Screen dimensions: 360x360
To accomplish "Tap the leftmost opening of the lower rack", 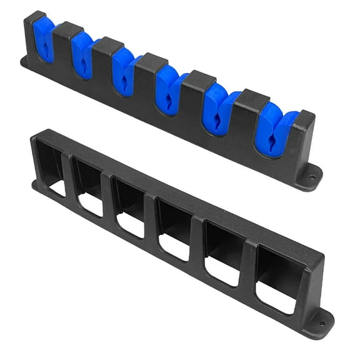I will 53,167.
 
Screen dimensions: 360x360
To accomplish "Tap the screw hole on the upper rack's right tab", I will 312,176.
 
